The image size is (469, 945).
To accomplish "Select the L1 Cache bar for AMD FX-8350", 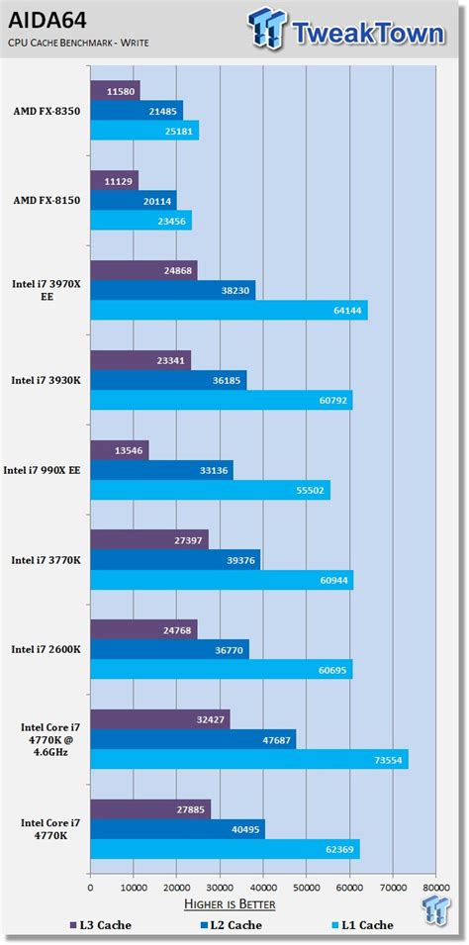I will point(144,131).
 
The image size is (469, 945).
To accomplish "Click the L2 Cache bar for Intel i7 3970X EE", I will point(172,290).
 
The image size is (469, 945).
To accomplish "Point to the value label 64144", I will point(346,311).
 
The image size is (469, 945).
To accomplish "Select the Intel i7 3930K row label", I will point(47,380).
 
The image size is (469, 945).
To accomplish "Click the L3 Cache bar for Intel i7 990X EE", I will point(119,449).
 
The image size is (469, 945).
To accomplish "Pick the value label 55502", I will point(309,490).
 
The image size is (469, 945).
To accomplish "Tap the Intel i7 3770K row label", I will point(47,560).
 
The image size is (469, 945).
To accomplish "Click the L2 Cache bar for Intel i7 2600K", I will point(169,649).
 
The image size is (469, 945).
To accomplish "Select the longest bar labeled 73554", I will point(248,759).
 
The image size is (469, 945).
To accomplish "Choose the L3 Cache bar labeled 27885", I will point(150,809).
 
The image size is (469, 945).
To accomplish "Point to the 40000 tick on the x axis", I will point(262,875).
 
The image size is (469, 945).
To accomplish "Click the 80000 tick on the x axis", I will point(435,875).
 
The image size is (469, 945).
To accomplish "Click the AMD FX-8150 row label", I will point(46,200).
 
